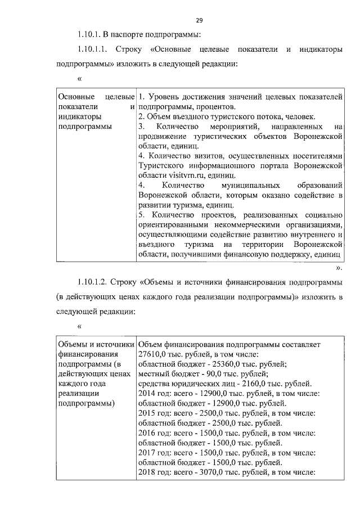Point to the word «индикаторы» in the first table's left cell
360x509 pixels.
pos(79,116)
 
